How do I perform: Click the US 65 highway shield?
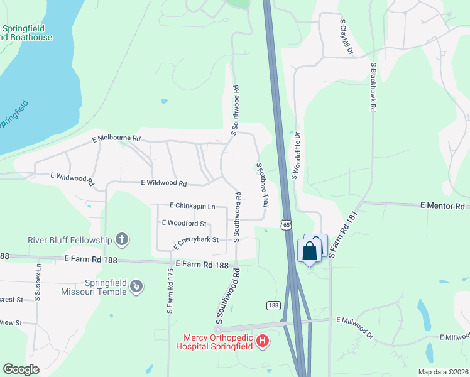[x=286, y=224]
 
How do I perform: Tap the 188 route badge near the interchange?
[x=273, y=305]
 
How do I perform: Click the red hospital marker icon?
[x=263, y=341]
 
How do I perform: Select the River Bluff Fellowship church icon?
[x=122, y=239]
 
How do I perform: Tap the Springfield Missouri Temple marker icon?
[x=135, y=287]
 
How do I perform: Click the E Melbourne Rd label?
[x=116, y=138]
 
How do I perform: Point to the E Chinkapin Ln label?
[x=192, y=206]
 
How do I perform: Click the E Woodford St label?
[x=184, y=223]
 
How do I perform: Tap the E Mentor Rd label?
[x=442, y=206]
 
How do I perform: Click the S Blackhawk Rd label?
[x=373, y=87]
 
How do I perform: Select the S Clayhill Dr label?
[x=343, y=36]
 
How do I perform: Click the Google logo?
[x=21, y=369]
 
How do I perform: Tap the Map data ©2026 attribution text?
[x=442, y=372]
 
